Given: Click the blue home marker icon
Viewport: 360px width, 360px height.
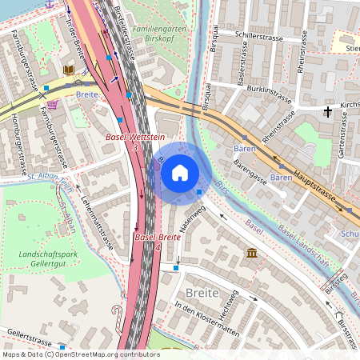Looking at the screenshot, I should (x=180, y=172).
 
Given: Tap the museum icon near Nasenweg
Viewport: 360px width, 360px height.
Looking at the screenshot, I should (x=252, y=254).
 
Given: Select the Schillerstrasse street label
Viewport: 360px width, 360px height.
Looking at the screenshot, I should (x=260, y=36).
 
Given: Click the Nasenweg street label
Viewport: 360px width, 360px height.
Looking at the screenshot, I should (x=193, y=218).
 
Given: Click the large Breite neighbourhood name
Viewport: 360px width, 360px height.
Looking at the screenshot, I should (x=202, y=294).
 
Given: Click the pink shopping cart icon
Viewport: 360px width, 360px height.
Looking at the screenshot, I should (x=52, y=105).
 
